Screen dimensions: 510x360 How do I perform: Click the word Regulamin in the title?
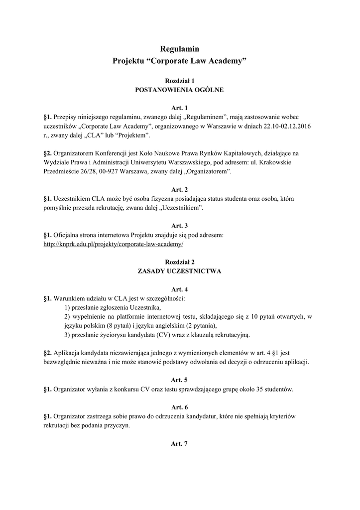[179, 48]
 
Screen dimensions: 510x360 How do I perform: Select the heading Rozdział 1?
[179, 80]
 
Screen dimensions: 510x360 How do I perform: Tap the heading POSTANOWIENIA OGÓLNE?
[179, 90]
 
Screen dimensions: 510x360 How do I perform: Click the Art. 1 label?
[179, 108]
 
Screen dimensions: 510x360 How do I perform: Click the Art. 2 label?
[179, 189]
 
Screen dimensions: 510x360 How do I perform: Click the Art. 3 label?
[179, 226]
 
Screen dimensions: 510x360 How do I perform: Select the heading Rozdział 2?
[179, 261]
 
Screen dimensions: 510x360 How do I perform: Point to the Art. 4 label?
[179, 289]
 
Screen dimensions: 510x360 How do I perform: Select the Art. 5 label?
[179, 380]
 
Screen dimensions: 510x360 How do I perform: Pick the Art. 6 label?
[179, 406]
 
